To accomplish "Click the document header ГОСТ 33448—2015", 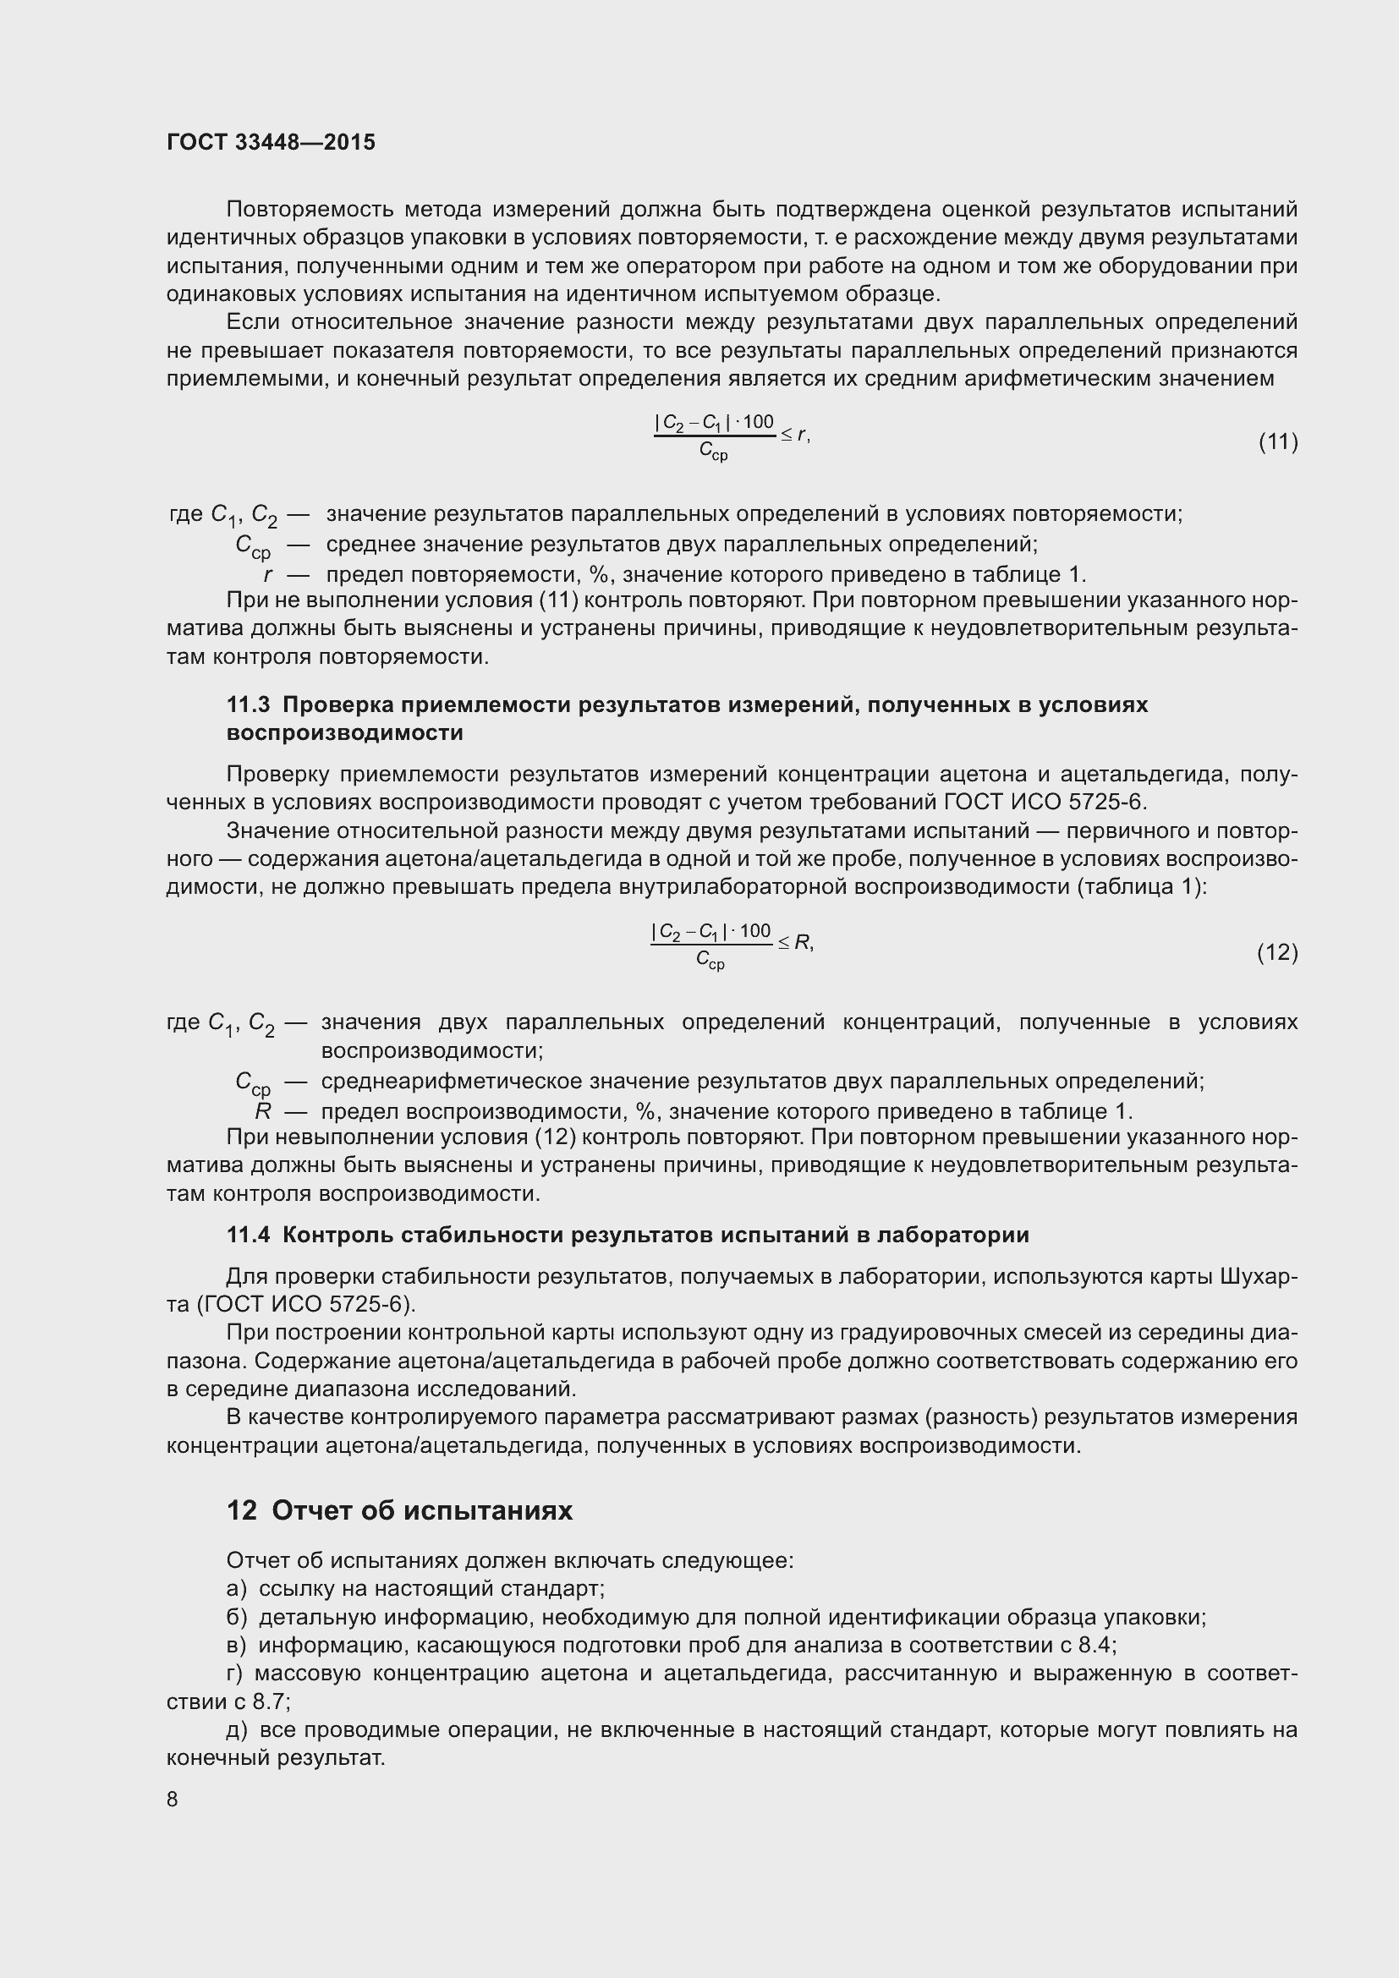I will click(271, 143).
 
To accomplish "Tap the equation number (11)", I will click(1278, 442).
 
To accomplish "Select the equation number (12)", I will click(1277, 952).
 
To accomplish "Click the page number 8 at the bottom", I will click(173, 1800).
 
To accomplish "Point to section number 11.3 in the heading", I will click(248, 704).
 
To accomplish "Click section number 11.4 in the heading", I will click(248, 1236).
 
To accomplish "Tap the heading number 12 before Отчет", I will click(241, 1510).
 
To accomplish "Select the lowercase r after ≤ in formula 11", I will click(802, 435).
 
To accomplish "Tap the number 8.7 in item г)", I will click(272, 1702).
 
